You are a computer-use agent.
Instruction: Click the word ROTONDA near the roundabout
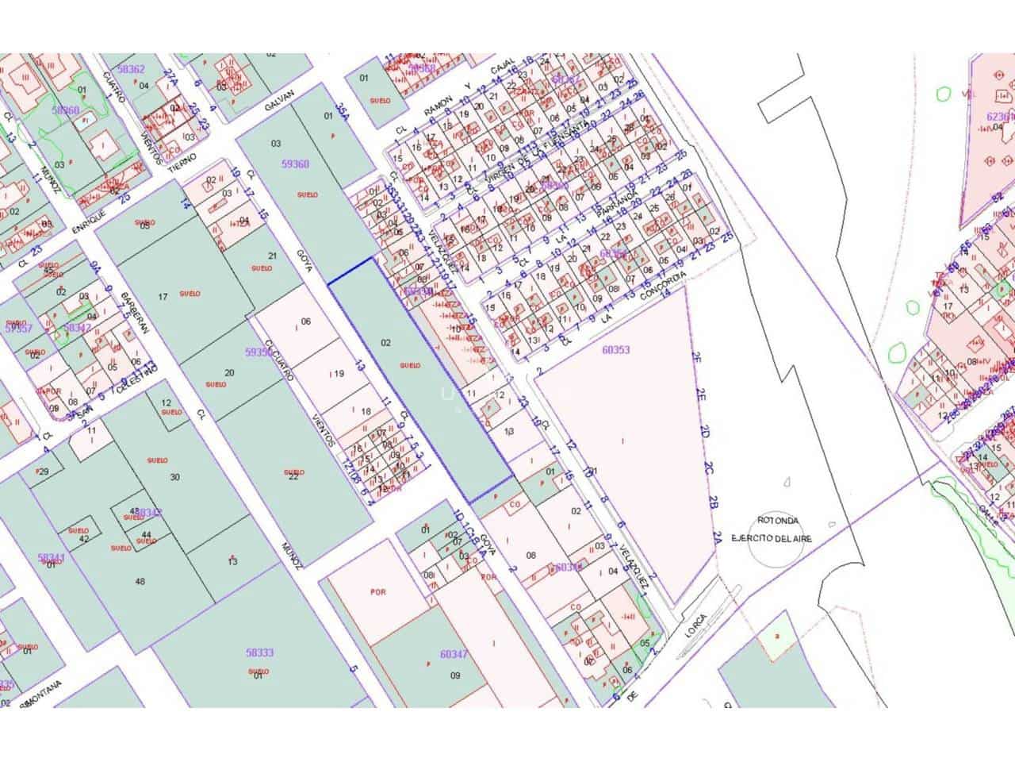777,521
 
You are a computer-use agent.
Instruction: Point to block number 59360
295,164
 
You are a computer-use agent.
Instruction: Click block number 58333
259,653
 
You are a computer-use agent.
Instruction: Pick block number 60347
454,654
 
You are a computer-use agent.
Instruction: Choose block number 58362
131,70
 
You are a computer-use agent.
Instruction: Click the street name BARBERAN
131,315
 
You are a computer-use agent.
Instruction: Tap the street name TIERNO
182,163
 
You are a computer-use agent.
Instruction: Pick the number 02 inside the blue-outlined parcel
386,343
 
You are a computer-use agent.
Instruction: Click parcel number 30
175,477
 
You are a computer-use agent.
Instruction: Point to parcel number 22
293,476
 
